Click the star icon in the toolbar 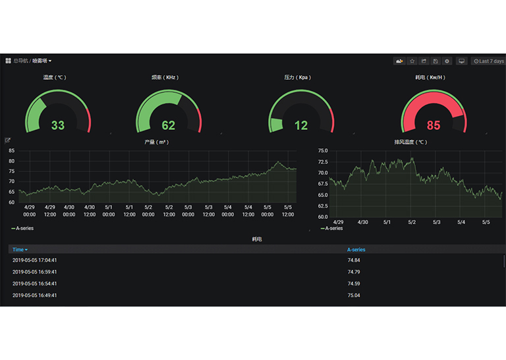click(x=412, y=61)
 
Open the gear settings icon click(x=447, y=61)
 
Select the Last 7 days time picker click(x=489, y=61)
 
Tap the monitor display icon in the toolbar click(x=462, y=61)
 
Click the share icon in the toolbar click(x=424, y=61)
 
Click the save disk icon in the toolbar click(x=436, y=61)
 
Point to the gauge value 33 click(x=58, y=125)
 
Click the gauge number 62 click(x=169, y=125)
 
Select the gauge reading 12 click(x=301, y=125)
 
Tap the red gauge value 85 click(x=434, y=125)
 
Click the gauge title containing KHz click(x=165, y=77)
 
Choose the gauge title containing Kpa click(x=297, y=77)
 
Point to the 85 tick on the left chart click(x=12, y=151)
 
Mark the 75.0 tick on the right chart click(x=323, y=151)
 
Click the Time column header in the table click(x=20, y=250)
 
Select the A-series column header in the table click(x=356, y=250)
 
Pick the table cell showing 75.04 click(x=354, y=295)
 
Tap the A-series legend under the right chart click(x=333, y=228)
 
